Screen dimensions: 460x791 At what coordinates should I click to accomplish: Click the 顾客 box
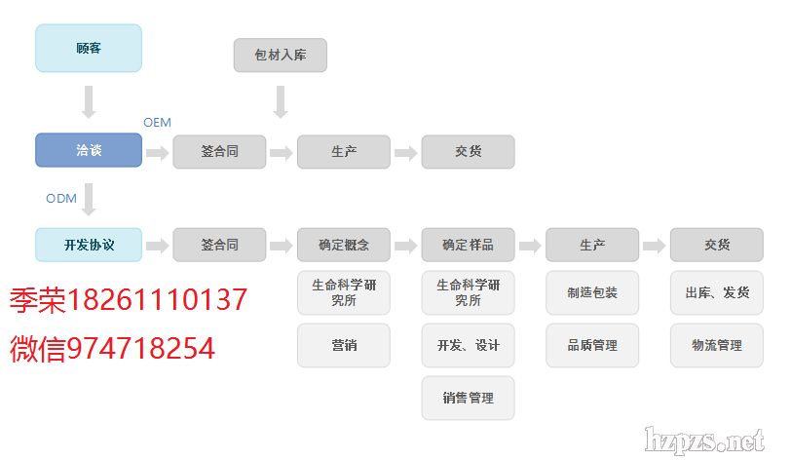pyautogui.click(x=89, y=48)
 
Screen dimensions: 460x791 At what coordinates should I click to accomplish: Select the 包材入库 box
pyautogui.click(x=280, y=56)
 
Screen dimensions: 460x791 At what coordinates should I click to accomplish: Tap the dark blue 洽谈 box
pyautogui.click(x=89, y=151)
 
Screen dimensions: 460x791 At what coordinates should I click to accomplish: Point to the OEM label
pyautogui.click(x=157, y=123)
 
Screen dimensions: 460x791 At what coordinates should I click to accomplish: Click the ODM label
pyautogui.click(x=60, y=198)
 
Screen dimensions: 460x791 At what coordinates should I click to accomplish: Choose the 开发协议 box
pyautogui.click(x=89, y=245)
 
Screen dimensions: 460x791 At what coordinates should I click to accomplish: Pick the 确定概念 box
pyautogui.click(x=343, y=245)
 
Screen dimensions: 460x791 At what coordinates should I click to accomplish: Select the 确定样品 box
pyautogui.click(x=468, y=245)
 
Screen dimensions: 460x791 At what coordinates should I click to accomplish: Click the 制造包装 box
pyautogui.click(x=592, y=292)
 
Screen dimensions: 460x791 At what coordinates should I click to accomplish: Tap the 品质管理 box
pyautogui.click(x=592, y=345)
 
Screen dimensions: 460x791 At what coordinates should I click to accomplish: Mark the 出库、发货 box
pyautogui.click(x=716, y=292)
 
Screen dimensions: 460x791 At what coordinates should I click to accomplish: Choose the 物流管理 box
pyautogui.click(x=716, y=345)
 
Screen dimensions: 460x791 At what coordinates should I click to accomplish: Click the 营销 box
pyautogui.click(x=343, y=345)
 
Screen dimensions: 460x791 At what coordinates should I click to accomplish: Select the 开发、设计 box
pyautogui.click(x=468, y=345)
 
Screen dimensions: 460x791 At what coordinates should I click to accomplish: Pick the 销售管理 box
pyautogui.click(x=468, y=398)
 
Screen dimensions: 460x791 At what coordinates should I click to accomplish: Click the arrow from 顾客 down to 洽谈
pyautogui.click(x=89, y=101)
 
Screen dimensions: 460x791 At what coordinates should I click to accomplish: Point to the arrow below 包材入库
pyautogui.click(x=280, y=101)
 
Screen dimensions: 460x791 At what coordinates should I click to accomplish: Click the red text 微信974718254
pyautogui.click(x=112, y=348)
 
